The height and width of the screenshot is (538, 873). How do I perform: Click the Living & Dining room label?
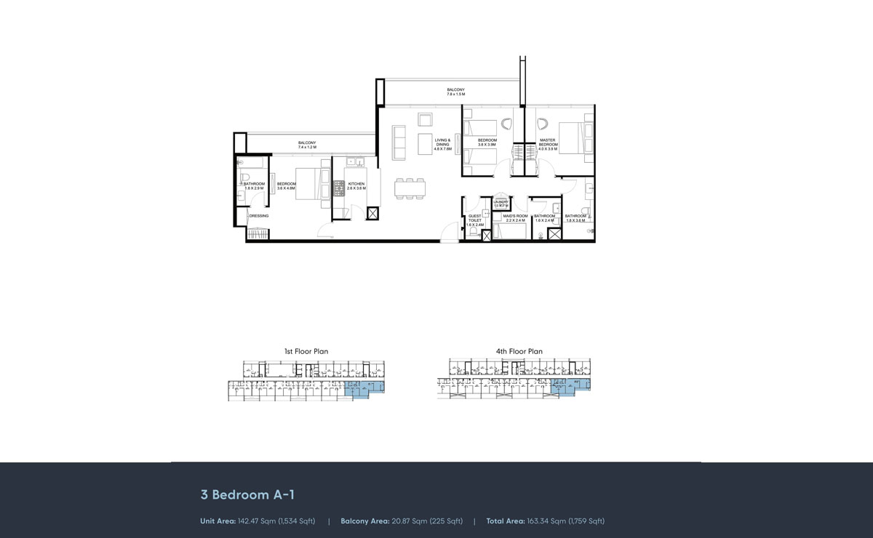coord(443,144)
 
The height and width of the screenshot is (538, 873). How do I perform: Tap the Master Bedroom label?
coord(548,143)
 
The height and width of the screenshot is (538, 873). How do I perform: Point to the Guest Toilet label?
coord(475,220)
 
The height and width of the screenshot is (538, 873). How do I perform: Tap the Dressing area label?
coord(259,216)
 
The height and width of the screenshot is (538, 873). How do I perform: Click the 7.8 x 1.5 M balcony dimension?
coord(455,95)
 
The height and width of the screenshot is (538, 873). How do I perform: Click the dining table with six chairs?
coord(410,188)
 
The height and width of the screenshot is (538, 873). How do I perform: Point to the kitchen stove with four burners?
coord(339,188)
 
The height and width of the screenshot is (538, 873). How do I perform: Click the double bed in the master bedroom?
coord(578,136)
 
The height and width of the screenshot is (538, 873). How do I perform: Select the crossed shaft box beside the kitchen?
coord(373,214)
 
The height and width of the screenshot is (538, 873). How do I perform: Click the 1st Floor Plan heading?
coord(306,351)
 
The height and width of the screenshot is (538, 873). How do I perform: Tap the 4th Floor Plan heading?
coord(519,351)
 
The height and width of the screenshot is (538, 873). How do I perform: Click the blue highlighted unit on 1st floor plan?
coord(362,390)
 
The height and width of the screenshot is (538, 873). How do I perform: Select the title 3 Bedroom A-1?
coord(247,494)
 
